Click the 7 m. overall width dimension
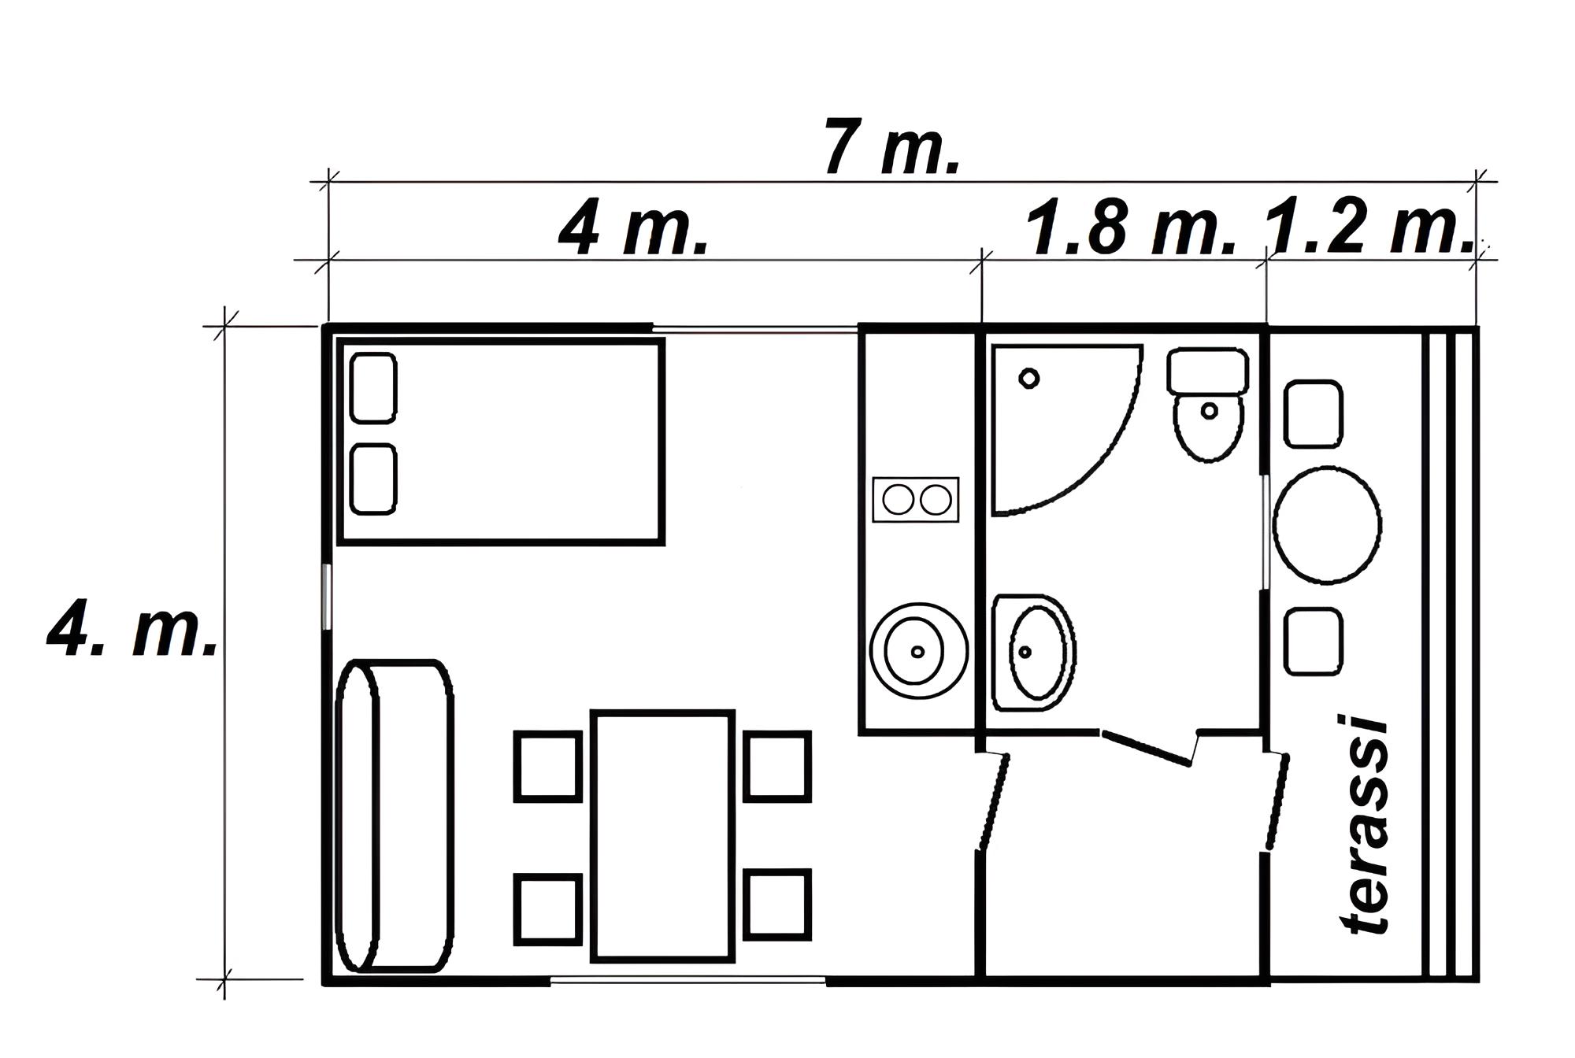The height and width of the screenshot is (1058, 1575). pos(891,147)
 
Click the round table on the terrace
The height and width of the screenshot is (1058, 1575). pos(1327,524)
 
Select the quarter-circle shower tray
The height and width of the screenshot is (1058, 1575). pos(1067,430)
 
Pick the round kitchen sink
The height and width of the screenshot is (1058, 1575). pos(918,652)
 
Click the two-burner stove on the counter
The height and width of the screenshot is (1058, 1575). pos(916,499)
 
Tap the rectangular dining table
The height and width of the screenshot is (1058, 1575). pos(663,836)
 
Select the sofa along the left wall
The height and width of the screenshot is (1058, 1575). pos(395,816)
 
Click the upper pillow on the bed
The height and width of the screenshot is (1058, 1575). pos(373,388)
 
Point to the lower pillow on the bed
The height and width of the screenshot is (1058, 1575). pos(373,479)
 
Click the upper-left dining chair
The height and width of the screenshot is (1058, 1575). pos(548,767)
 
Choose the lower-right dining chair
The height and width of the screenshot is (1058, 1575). pos(777,904)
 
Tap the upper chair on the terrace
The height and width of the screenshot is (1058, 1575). pos(1314,414)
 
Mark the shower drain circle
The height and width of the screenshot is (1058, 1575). pos(1028,379)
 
